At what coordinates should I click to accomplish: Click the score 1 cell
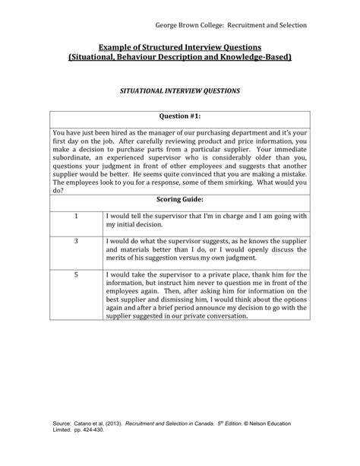pos(76,216)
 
